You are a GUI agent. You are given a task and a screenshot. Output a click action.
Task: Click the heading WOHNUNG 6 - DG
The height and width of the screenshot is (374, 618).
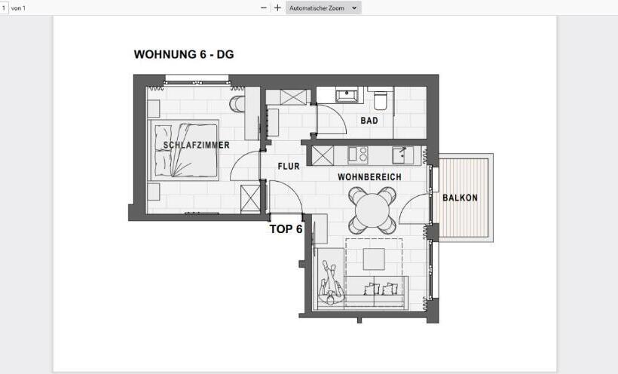click(183, 54)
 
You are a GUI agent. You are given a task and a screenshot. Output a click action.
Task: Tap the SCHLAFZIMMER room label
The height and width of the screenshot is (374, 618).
click(197, 145)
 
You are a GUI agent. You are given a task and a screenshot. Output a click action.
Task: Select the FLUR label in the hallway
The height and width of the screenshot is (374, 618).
click(289, 166)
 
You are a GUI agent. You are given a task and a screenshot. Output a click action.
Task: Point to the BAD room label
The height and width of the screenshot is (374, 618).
click(369, 121)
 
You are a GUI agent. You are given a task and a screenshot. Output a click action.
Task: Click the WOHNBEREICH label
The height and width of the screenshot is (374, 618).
click(369, 177)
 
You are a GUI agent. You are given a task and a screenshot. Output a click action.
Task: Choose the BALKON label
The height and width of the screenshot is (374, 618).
click(460, 198)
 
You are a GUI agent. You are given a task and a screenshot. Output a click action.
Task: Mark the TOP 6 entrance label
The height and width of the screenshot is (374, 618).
click(286, 229)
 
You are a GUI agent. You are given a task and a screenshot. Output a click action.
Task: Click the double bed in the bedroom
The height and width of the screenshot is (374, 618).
click(186, 149)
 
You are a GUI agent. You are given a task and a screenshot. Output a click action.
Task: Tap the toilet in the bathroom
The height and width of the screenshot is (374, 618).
click(381, 99)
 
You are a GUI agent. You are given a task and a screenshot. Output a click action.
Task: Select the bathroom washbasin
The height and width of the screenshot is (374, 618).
click(347, 95)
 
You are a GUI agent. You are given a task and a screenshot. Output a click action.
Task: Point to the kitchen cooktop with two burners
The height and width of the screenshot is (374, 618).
click(359, 155)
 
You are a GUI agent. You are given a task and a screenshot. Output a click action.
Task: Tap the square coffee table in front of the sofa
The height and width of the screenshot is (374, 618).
click(375, 259)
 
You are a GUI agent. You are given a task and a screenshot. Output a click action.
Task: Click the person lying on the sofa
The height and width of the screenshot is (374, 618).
click(329, 283)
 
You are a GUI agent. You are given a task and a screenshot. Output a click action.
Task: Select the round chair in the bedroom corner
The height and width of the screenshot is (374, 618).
click(237, 103)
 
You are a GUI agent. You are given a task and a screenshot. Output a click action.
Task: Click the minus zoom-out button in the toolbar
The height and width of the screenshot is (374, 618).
click(263, 8)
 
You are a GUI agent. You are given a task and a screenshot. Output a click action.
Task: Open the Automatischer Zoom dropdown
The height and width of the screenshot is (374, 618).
click(323, 8)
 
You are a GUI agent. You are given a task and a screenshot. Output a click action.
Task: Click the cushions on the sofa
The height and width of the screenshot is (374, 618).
click(381, 289)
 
